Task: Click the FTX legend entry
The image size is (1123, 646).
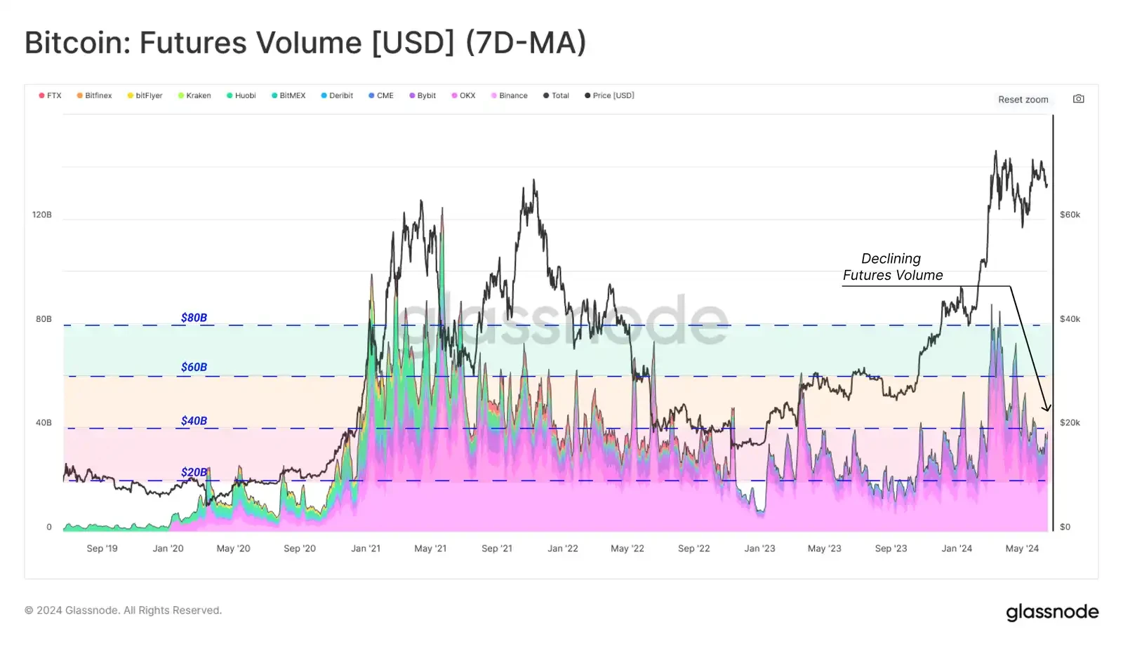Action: point(51,95)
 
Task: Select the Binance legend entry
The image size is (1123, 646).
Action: point(510,95)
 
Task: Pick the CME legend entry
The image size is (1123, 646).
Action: point(382,95)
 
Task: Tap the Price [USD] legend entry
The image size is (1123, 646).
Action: point(610,95)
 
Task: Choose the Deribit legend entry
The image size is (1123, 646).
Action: point(338,95)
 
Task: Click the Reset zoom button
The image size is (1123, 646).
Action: point(1023,100)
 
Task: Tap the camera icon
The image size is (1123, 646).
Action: point(1079,99)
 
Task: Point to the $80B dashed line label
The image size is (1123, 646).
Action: point(194,318)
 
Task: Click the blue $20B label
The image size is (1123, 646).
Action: point(194,472)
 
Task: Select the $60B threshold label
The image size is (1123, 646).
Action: point(194,367)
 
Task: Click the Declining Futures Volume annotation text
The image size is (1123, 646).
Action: point(892,267)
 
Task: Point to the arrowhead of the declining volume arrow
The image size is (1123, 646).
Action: point(1047,408)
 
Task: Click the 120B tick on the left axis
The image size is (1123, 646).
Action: point(42,215)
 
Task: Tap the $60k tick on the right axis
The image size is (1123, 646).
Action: point(1070,215)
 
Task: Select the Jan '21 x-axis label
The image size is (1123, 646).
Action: point(366,549)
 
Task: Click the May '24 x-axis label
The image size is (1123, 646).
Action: point(1022,549)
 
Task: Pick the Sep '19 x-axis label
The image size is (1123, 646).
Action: point(102,549)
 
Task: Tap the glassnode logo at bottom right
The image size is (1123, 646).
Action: point(1052,612)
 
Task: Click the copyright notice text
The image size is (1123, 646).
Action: point(124,610)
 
